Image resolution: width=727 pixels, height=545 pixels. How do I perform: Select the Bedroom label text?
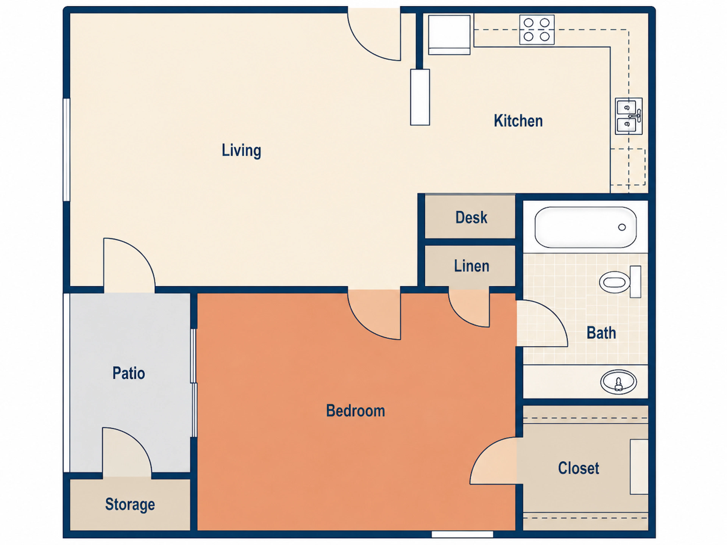click(355, 411)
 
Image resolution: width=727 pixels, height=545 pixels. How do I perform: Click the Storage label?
click(130, 505)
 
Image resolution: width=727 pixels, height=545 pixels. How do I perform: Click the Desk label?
click(471, 217)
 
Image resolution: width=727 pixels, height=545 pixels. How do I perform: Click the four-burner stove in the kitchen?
click(537, 30)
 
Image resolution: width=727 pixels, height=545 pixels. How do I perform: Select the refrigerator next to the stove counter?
click(449, 34)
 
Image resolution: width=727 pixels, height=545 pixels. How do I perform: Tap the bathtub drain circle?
click(622, 227)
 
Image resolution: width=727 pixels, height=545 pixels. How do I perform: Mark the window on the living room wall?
click(66, 149)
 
